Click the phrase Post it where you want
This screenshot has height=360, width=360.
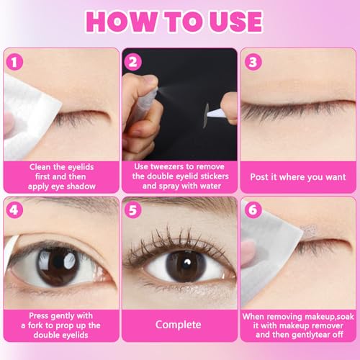point(297,176)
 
